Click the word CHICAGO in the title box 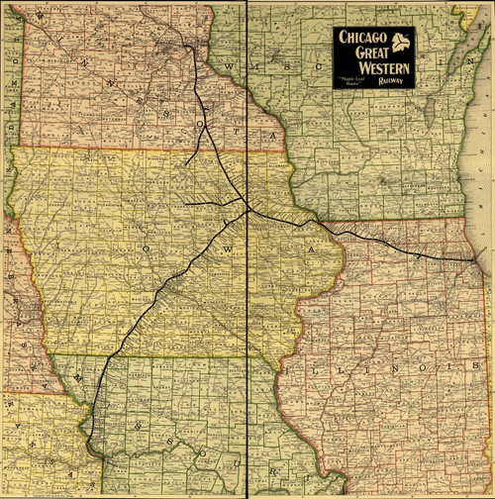click(x=361, y=39)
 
